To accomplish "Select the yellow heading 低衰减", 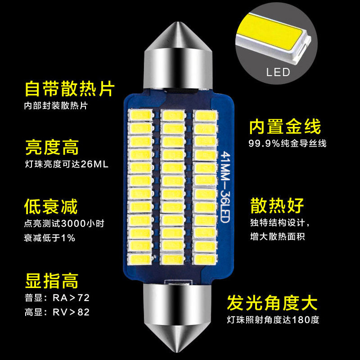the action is pos(51,207).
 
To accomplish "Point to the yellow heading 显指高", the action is pos(51,280).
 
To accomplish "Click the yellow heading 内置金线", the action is pos(285,126).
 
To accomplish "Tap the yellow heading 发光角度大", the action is pos(272,302).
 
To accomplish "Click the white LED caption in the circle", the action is pos(278,72).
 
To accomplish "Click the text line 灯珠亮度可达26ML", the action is pos(67,164).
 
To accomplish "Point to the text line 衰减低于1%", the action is pos(49,238).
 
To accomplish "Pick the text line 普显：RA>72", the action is pos(57,298).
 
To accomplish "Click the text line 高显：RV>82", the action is pos(57,312).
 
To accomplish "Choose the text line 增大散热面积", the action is pos(277,236).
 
